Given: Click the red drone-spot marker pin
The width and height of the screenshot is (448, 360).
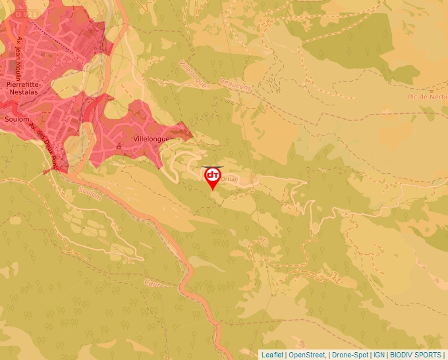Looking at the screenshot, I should [213, 177].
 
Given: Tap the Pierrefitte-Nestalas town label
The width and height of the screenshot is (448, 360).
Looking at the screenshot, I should [21, 90].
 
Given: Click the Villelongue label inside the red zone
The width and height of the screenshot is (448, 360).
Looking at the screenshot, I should [151, 140].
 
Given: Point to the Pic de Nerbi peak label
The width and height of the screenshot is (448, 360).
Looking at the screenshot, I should [428, 97].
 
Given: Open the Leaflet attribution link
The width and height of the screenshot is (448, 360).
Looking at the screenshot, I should [272, 355].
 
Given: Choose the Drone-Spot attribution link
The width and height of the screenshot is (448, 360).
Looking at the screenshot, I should [350, 355].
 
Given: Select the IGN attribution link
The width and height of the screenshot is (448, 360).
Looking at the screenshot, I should [379, 355].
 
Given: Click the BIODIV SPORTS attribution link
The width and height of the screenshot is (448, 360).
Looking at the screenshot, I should [415, 355].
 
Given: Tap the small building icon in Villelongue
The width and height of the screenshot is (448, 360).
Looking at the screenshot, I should [119, 145].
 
